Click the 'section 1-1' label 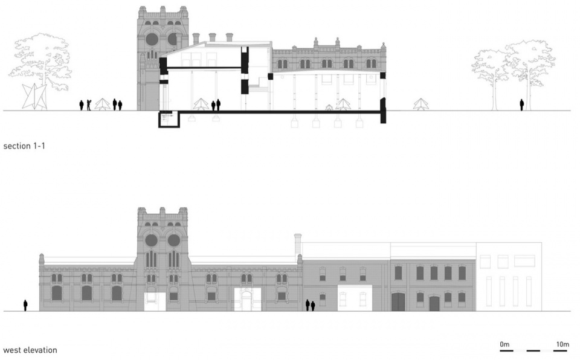24,146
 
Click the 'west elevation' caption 30,350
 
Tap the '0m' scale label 504,344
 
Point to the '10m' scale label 562,344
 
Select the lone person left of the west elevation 25,305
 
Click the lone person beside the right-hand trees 521,104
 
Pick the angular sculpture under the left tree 34,97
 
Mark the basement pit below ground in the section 169,120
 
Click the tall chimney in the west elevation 297,244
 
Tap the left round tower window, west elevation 151,240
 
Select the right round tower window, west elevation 174,240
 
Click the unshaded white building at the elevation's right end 509,277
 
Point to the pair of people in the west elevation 310,305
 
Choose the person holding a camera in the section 89,105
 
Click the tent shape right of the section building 420,104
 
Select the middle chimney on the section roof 212,37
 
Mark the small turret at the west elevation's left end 42,259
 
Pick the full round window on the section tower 152,39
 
